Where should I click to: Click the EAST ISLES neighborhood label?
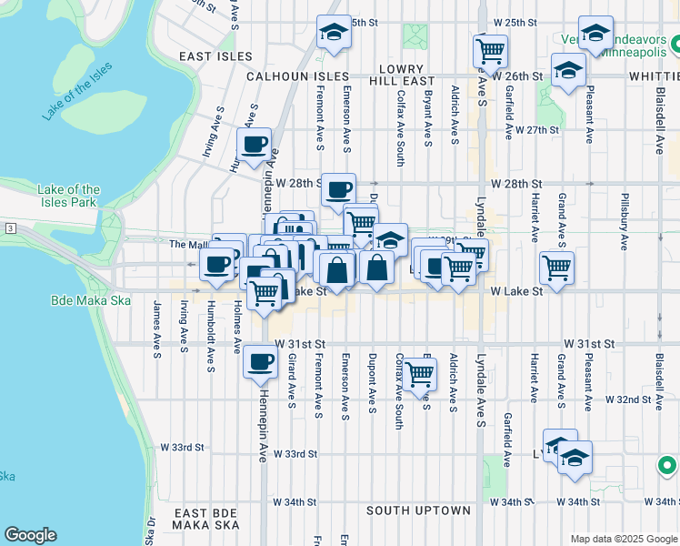click(215, 56)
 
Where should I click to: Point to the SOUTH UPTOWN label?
click(418, 511)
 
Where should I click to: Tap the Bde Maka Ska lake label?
click(90, 300)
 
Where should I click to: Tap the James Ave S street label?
click(157, 324)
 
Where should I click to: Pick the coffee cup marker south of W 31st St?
click(259, 362)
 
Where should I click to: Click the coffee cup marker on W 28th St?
click(339, 189)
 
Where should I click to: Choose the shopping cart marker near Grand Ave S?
click(555, 267)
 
